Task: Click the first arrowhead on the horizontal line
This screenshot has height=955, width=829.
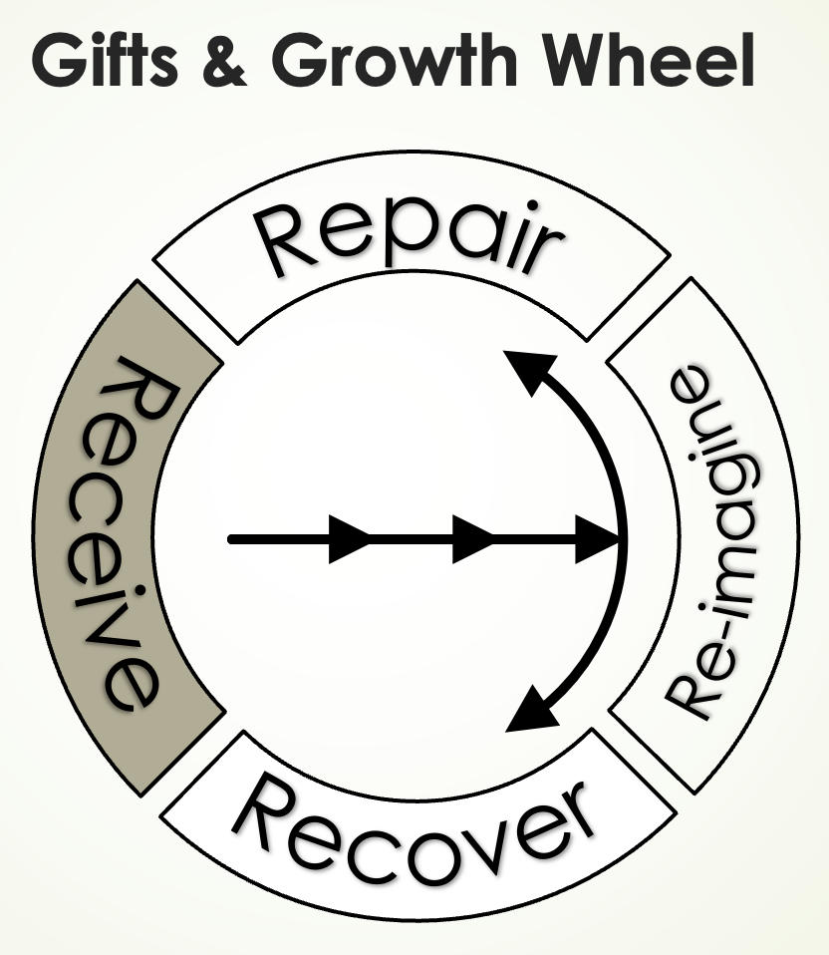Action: pyautogui.click(x=350, y=539)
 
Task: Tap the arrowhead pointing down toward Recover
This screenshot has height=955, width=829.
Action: pyautogui.click(x=527, y=710)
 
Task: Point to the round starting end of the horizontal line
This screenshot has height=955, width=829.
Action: pyautogui.click(x=232, y=539)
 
